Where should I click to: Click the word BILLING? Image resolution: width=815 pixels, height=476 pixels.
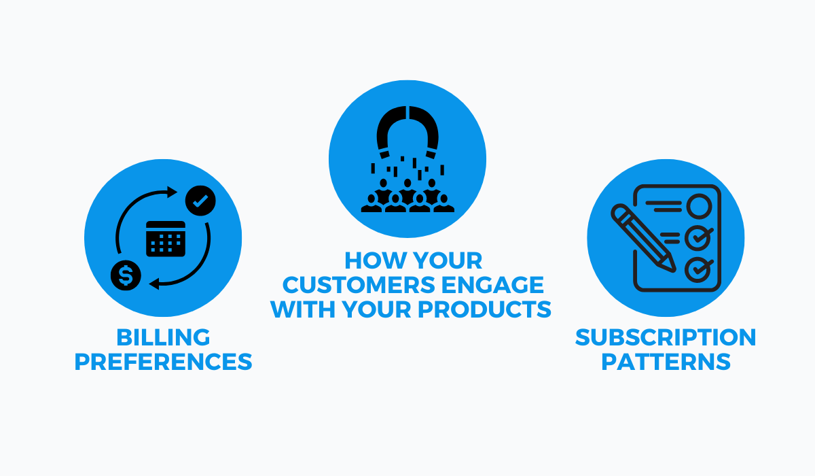[163, 337]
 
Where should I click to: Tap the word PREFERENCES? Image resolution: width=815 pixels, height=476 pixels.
[163, 361]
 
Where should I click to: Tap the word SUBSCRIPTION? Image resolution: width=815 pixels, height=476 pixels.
[666, 337]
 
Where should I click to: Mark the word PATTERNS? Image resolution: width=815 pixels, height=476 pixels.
[666, 361]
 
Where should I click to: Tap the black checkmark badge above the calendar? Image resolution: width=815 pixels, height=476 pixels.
[201, 200]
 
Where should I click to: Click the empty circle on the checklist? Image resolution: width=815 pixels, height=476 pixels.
[698, 205]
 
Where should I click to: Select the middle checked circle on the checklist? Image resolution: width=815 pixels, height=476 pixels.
[698, 237]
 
